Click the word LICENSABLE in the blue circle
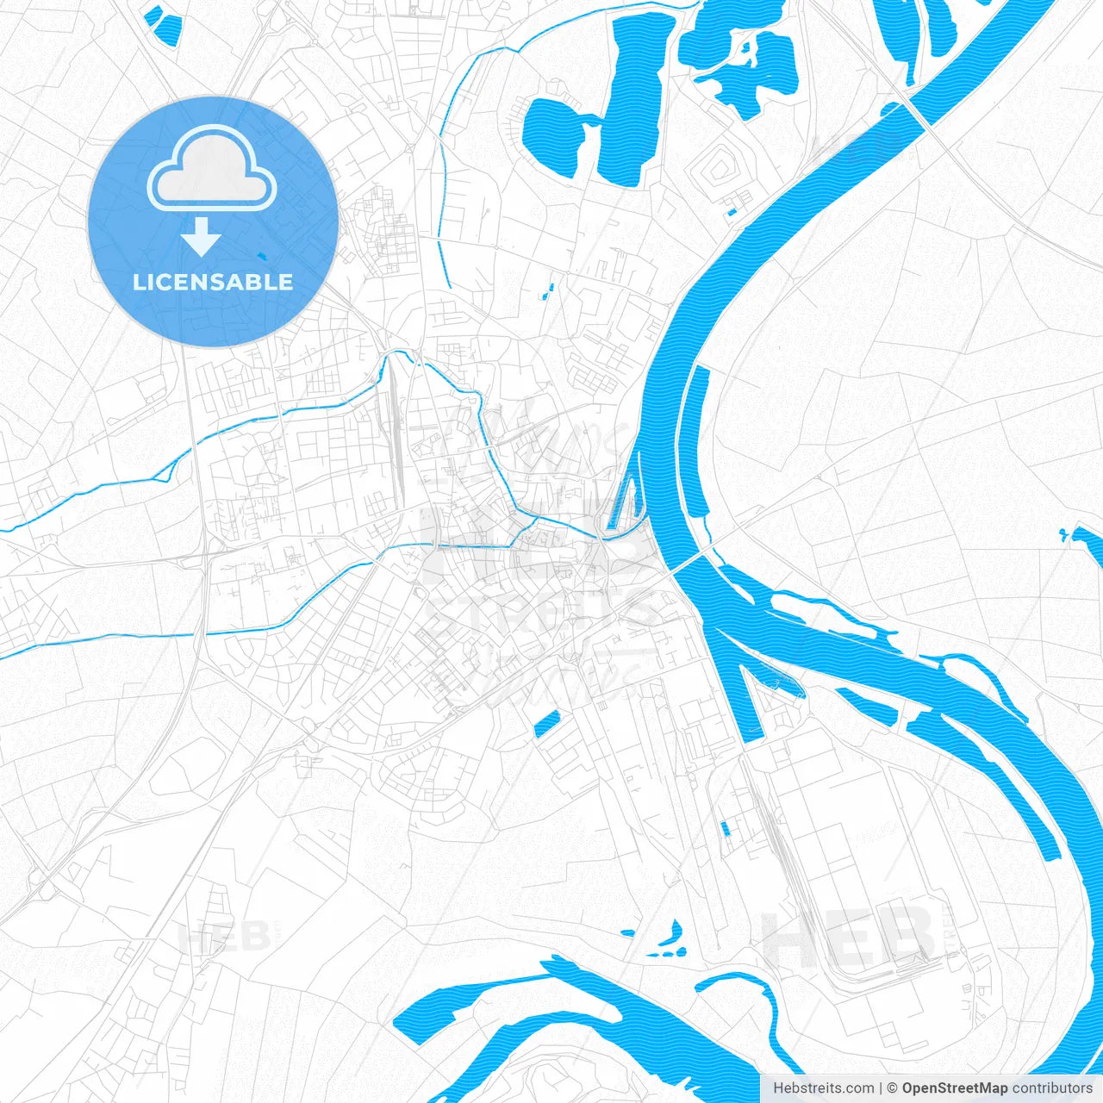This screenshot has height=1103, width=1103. (213, 282)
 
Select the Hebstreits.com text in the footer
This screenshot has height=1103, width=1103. (823, 1088)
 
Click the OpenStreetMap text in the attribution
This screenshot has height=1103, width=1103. (954, 1088)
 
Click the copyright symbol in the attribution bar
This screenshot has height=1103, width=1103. (892, 1088)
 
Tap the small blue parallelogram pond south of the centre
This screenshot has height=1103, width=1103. (546, 725)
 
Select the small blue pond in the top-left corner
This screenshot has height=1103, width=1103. (163, 24)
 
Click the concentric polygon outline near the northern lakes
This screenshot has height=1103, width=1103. (719, 171)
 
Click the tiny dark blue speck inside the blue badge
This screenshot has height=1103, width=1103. (262, 255)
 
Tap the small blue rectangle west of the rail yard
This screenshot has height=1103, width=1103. (725, 829)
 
